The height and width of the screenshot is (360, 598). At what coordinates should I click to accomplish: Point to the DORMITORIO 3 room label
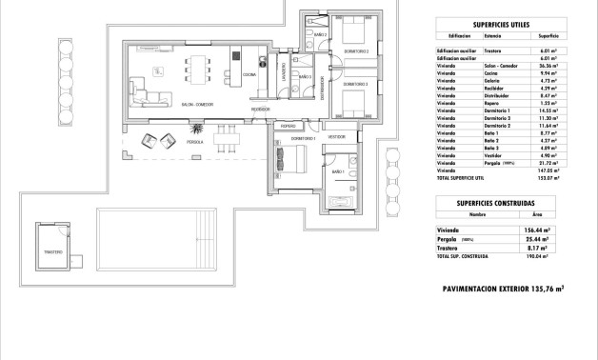(356, 84)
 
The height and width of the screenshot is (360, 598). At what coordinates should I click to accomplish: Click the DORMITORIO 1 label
(289, 138)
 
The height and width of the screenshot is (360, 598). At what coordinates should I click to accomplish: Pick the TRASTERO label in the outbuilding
(52, 252)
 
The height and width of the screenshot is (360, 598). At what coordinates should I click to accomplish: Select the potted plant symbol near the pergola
(196, 128)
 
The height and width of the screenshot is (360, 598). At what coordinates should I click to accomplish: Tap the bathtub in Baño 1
(339, 200)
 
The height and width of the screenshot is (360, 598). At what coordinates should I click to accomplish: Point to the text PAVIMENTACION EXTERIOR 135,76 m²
(504, 288)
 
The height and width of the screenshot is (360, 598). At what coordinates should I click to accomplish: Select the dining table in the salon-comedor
(198, 69)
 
